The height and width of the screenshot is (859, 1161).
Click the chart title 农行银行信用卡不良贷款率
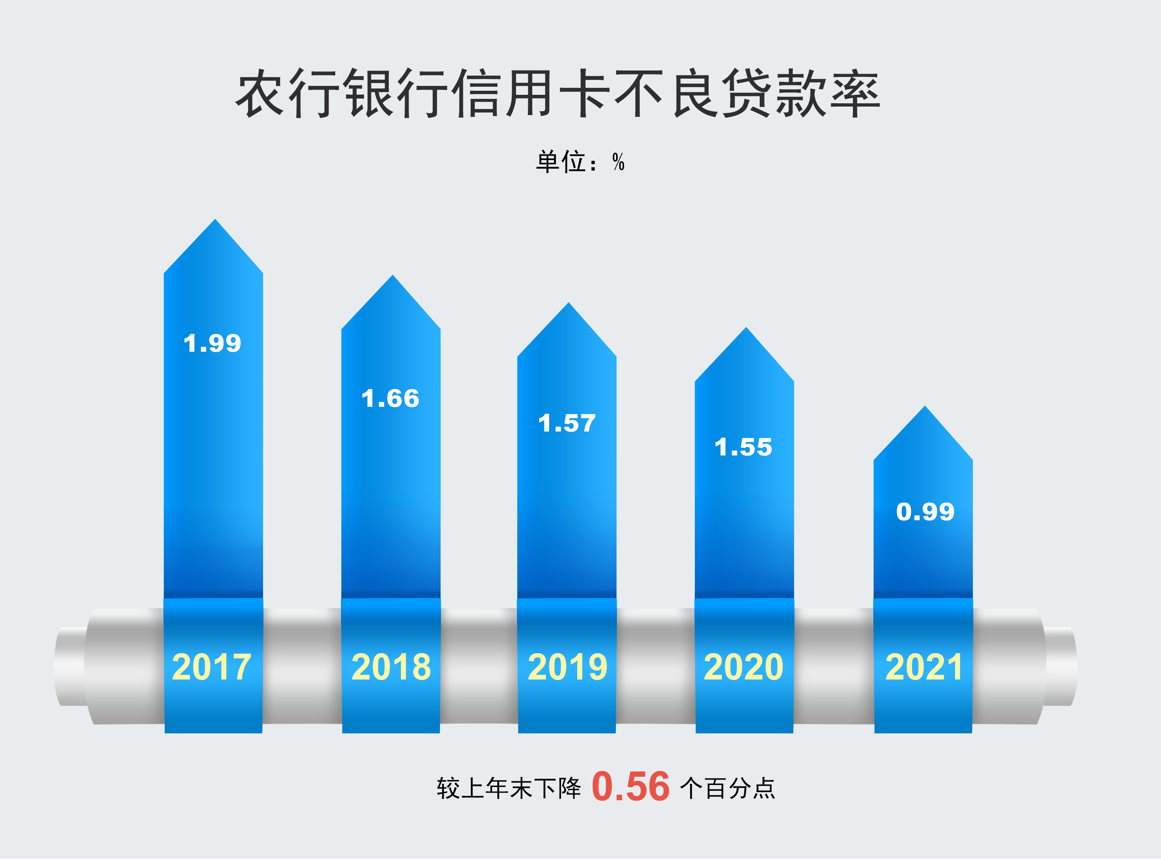pos(558,94)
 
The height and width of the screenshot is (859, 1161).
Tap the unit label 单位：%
pos(580,162)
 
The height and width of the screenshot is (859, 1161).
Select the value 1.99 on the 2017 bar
pos(213,343)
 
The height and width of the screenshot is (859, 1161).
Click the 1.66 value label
pos(390,399)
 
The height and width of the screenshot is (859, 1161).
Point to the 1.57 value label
pos(567,423)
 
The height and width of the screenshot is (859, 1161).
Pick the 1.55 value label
pos(743,447)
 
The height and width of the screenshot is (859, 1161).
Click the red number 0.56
pos(630,787)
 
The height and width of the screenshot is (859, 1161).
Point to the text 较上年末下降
pos(509,788)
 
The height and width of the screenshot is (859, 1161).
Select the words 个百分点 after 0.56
pos(727,788)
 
